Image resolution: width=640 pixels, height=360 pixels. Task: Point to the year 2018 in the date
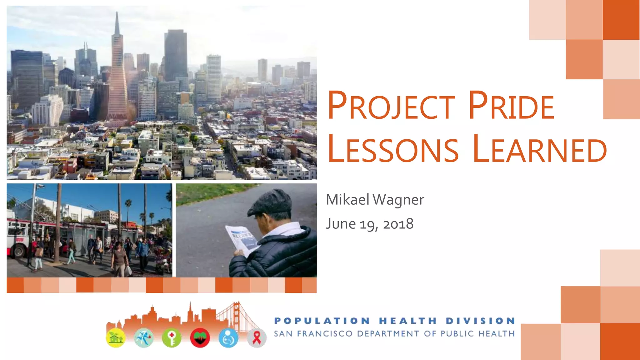tap(398, 224)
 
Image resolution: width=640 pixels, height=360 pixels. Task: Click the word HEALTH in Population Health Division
tap(407, 321)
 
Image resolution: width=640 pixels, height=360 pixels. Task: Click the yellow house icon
tap(116, 338)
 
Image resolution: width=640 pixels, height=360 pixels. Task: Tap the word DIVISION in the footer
tap(480, 321)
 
